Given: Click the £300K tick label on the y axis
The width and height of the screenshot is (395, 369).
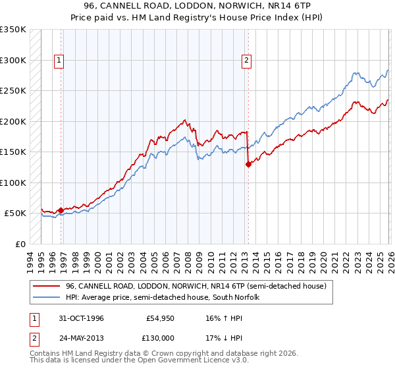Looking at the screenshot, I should pyautogui.click(x=13, y=60).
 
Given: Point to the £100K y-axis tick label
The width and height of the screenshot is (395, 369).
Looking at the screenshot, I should pyautogui.click(x=13, y=183).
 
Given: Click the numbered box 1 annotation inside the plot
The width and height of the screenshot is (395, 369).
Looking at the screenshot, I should pyautogui.click(x=59, y=61).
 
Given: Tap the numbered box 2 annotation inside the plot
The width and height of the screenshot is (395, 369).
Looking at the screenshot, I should pyautogui.click(x=247, y=61).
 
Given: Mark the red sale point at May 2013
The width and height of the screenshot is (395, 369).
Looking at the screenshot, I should pyautogui.click(x=248, y=165).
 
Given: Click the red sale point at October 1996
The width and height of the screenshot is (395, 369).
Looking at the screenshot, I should pyautogui.click(x=61, y=211).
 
